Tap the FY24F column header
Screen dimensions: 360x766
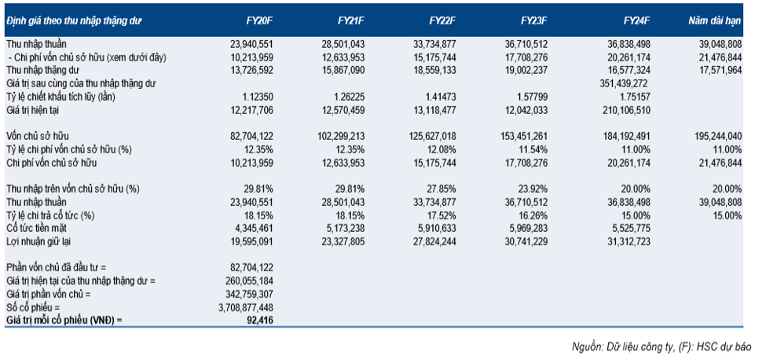(x=639, y=19)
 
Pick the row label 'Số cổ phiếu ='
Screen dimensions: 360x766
(x=32, y=307)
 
